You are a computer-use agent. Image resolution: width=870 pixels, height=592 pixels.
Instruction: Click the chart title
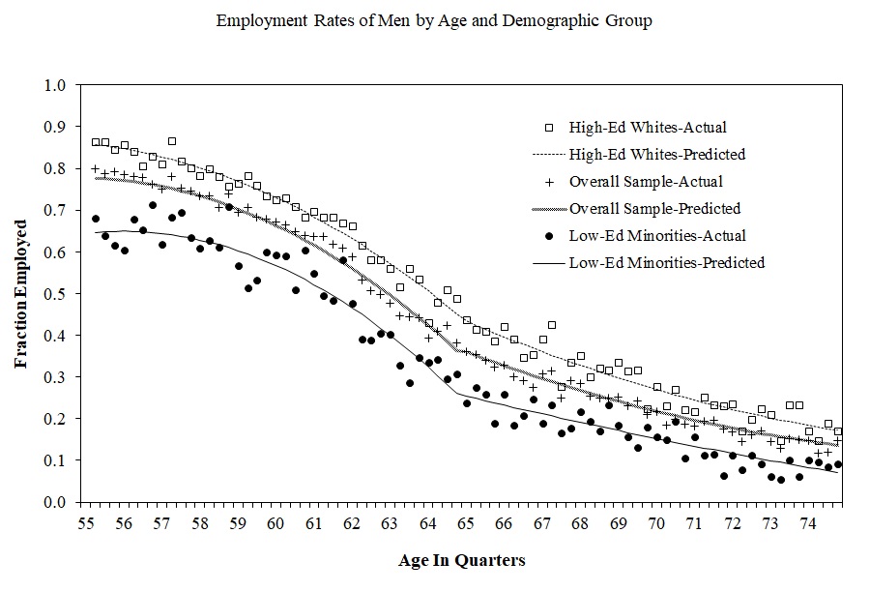pos(434,21)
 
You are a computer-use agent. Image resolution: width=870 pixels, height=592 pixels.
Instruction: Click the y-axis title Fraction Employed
pos(21,294)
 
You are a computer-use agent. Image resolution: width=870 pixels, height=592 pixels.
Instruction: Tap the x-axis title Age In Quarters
pos(462,560)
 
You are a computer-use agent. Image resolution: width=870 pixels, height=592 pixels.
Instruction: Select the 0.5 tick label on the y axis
pos(54,294)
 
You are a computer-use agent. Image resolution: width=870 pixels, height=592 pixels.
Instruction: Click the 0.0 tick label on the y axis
pos(54,502)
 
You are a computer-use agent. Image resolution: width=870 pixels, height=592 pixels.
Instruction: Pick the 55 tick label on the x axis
pos(86,523)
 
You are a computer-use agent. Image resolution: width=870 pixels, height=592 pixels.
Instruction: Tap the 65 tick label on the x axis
pos(466,523)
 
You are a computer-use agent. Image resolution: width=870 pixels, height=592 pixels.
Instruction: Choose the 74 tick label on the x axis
pos(808,523)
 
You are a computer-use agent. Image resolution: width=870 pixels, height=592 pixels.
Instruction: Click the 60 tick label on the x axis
pos(275,523)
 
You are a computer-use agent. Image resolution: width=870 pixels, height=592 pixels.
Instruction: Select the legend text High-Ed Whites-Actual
pos(648,128)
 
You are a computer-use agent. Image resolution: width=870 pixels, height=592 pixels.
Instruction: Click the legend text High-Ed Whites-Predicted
pos(657,155)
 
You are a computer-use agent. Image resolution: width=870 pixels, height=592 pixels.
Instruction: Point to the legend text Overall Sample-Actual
pos(646,182)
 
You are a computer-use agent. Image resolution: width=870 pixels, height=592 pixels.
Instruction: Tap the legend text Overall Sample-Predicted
pos(654,209)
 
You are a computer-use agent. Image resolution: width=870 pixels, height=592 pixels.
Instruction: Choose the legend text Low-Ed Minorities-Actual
pos(657,235)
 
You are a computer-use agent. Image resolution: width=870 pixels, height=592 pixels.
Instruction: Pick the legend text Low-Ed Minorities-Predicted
pos(667,263)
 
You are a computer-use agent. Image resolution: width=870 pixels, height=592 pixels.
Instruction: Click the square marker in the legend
pos(549,128)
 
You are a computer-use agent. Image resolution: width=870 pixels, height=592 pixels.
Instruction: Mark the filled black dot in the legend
pos(549,236)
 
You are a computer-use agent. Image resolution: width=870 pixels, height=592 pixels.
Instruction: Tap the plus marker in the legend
pos(549,182)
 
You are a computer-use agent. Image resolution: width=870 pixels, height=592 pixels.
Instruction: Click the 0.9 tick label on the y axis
pos(54,127)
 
